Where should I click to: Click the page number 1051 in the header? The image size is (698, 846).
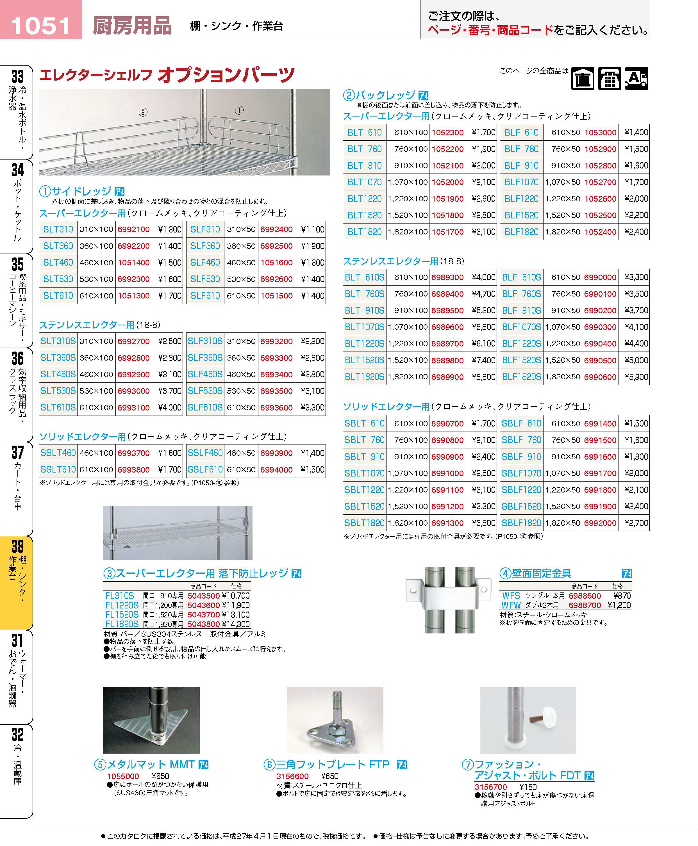pyautogui.click(x=41, y=26)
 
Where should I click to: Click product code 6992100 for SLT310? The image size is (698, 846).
pyautogui.click(x=133, y=229)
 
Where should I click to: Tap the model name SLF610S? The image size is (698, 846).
pyautogui.click(x=205, y=407)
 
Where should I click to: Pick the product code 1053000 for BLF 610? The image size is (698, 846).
pyautogui.click(x=600, y=133)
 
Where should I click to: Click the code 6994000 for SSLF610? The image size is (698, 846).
pyautogui.click(x=276, y=469)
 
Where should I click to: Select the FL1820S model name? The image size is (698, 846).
pyautogui.click(x=122, y=624)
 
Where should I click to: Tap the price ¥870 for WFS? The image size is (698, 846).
pyautogui.click(x=622, y=596)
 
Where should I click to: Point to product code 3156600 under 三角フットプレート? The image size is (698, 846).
pyautogui.click(x=292, y=776)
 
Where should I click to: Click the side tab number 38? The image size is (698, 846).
pyautogui.click(x=17, y=547)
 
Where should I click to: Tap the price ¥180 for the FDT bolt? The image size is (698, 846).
pyautogui.click(x=528, y=787)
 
